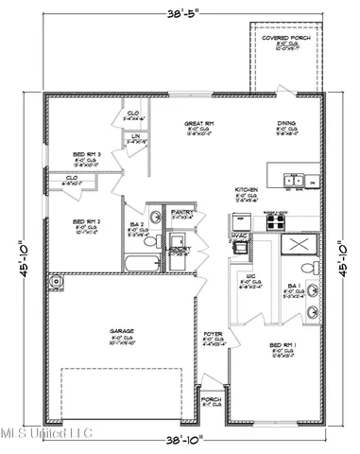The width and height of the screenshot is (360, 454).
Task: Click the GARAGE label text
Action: click(x=121, y=331)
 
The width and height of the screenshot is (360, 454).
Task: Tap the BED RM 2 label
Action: click(x=88, y=223)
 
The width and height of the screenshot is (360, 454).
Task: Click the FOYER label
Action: click(x=214, y=335)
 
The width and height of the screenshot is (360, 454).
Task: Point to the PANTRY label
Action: click(x=180, y=214)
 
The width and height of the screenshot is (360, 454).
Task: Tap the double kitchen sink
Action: click(x=295, y=180)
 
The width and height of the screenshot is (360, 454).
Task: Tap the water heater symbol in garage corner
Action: click(x=60, y=280)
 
